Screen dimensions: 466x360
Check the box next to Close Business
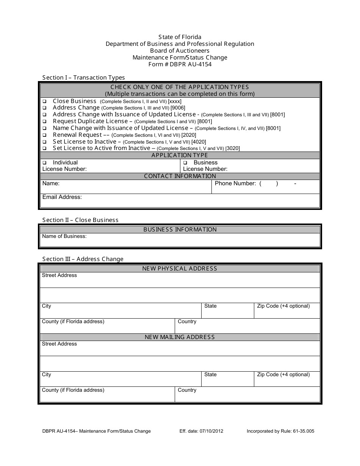point(44,102)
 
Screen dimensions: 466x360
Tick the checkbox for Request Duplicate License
point(44,122)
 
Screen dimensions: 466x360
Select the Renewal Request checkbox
point(44,135)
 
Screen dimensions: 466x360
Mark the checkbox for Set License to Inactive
point(44,142)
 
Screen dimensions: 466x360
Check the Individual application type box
point(44,163)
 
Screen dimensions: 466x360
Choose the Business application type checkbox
point(185,163)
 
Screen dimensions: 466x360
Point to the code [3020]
point(232,149)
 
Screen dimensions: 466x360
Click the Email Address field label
point(62,197)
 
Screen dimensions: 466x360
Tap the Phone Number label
point(235,183)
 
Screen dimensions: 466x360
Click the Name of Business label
point(64,236)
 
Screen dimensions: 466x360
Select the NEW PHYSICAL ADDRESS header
point(180,269)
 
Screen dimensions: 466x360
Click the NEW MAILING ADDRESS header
point(180,337)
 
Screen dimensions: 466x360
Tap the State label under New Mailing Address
point(210,375)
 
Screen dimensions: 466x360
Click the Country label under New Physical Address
point(187,322)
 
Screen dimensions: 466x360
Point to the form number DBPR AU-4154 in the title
point(180,64)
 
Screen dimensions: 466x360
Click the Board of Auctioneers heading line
point(180,51)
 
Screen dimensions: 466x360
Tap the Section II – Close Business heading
point(80,220)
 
